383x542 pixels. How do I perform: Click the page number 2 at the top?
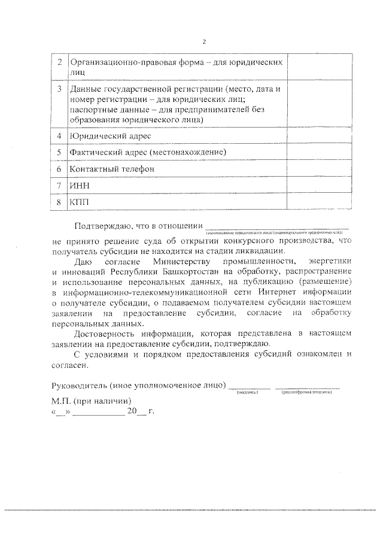pos(203,41)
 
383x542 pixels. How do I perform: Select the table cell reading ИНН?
pos(78,186)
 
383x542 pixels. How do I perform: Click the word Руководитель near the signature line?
pos(75,384)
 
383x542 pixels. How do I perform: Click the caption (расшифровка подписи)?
pos(307,393)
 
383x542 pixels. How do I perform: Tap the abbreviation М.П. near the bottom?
pos(61,401)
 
